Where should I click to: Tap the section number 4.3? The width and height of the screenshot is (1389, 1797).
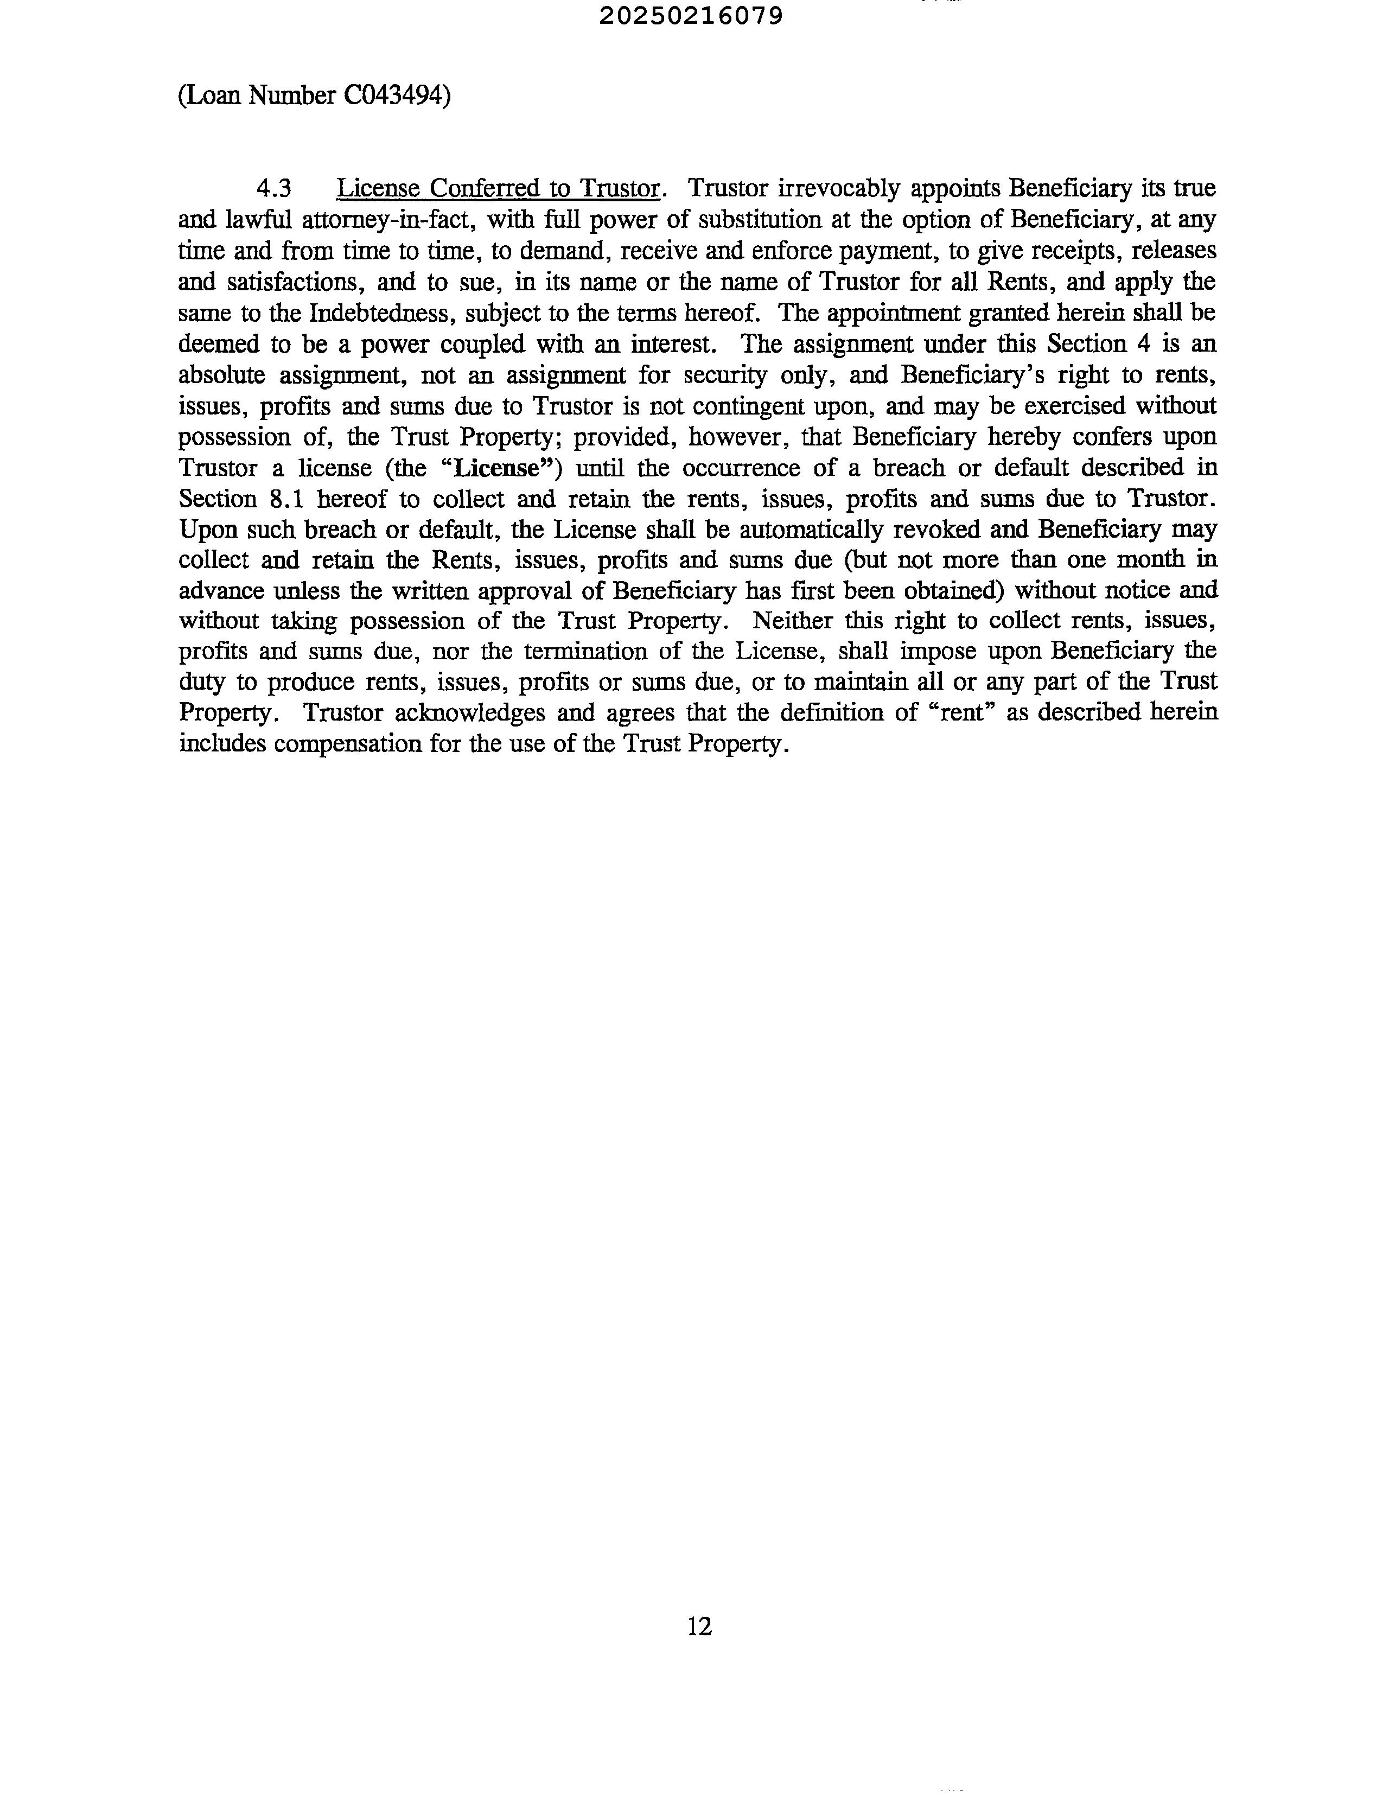[x=274, y=189]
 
